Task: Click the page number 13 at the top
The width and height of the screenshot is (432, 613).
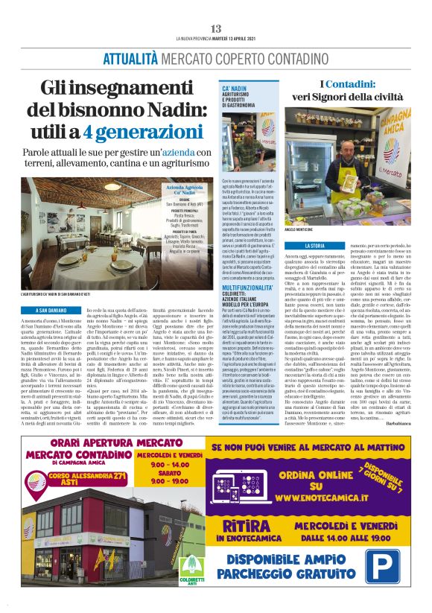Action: [x=216, y=28]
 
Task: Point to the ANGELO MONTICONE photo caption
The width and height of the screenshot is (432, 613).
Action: [x=320, y=230]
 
